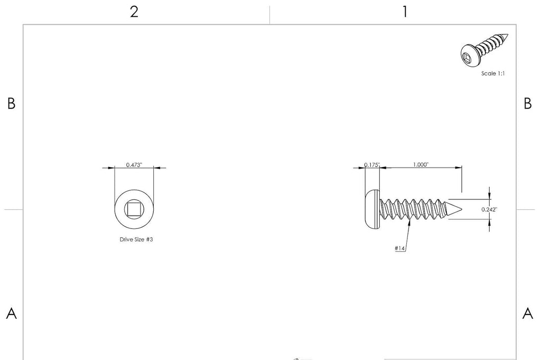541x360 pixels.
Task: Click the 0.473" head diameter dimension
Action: tap(134, 164)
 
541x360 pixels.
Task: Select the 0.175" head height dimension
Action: tap(372, 164)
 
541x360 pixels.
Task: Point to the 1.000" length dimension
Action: tap(421, 164)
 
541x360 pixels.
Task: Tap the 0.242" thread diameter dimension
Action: tap(489, 209)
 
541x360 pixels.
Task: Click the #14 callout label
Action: tap(399, 248)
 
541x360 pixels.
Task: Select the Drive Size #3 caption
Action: tap(136, 239)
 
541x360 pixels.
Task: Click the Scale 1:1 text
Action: tap(493, 73)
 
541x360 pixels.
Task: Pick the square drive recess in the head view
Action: tap(134, 209)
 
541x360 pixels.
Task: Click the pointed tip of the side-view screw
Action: tap(462, 209)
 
